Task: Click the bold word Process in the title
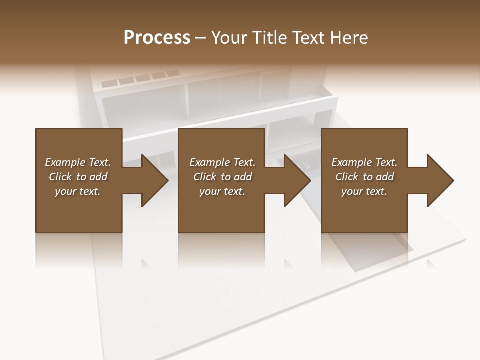coord(157,37)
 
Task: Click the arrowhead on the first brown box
coord(152,180)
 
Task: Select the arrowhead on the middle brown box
coord(295,180)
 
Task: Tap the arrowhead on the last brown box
coord(438,180)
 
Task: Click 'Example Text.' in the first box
coord(78,162)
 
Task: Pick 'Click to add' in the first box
coord(78,177)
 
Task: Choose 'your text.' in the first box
coord(78,191)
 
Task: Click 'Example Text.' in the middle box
coord(222,162)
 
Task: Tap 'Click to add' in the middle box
coord(222,177)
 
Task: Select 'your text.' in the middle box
coord(222,191)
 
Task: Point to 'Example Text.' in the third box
coord(364,162)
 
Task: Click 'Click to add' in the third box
coord(364,177)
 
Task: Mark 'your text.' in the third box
coord(364,191)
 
